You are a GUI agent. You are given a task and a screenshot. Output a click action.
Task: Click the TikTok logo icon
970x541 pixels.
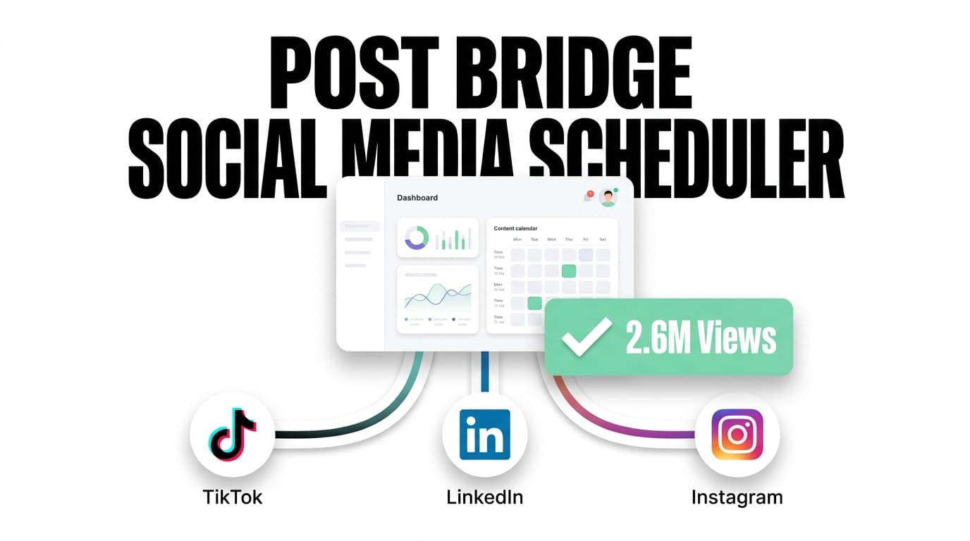pos(233,435)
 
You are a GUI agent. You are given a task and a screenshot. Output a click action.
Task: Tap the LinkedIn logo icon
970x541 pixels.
pos(485,435)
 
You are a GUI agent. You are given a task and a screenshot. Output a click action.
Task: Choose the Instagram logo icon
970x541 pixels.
pos(737,435)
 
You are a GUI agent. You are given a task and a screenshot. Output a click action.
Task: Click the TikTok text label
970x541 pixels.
pos(233,497)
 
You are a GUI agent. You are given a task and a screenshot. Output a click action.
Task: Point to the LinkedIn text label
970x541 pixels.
pos(485,497)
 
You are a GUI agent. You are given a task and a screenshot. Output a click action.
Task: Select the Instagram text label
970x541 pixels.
pos(737,497)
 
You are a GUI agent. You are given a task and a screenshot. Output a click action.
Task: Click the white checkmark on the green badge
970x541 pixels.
pos(586,337)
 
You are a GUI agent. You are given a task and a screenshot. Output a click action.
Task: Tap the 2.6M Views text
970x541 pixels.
pos(701,338)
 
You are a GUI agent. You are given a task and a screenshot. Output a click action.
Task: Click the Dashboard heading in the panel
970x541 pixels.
pos(417,198)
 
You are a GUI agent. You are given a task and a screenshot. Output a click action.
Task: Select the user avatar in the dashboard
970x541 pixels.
pos(608,198)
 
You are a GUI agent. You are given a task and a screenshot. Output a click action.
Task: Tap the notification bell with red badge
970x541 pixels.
pos(587,197)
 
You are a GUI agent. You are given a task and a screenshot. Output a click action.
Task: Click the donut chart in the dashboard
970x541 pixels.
pos(416,237)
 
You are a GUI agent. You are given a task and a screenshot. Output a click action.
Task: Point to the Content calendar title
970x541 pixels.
pos(516,228)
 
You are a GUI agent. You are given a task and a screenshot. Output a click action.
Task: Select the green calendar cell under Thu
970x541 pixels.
pos(569,271)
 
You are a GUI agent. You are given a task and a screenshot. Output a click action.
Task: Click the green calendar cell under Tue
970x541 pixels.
pos(535,304)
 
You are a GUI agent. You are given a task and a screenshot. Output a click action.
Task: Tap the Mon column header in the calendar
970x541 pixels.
pos(517,240)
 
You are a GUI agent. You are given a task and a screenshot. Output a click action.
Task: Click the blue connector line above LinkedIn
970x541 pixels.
pos(485,372)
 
